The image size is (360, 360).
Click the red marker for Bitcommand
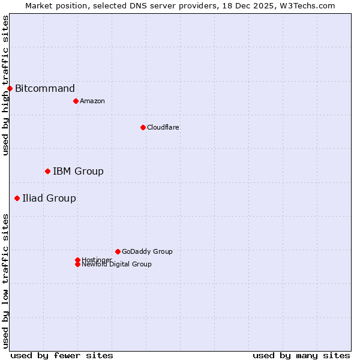10,89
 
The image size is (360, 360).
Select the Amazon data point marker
76,101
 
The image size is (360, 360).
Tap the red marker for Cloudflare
143,127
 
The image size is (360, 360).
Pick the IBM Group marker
47,172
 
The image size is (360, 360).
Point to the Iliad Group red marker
17,199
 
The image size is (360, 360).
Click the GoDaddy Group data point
118,251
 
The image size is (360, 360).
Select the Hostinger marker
77,260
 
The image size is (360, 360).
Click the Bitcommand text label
45,89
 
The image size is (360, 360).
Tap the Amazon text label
92,101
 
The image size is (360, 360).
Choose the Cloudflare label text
163,127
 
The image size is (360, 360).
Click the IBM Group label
78,172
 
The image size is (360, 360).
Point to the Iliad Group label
49,199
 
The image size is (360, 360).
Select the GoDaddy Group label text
147,251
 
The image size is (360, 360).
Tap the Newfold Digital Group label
117,265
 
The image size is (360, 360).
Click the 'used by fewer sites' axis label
62,355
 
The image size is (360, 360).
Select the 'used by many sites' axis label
301,355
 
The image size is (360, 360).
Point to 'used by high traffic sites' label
5,85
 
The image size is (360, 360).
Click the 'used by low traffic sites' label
5,281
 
